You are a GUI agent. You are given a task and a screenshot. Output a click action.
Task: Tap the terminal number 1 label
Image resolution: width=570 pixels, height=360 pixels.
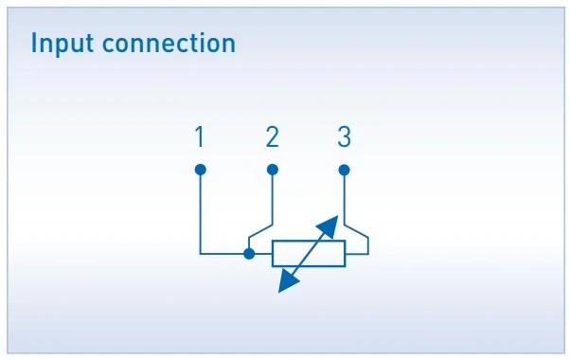199,138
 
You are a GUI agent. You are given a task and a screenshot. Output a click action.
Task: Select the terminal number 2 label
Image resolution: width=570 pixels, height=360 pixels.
273,138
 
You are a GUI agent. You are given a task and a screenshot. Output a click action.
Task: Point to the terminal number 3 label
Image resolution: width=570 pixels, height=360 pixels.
344,138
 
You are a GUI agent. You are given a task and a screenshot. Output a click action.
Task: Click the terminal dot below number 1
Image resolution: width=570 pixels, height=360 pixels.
200,170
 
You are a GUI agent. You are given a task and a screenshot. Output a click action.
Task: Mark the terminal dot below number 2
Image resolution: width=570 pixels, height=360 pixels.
273,170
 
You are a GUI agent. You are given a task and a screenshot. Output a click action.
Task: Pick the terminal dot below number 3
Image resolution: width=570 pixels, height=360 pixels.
344,170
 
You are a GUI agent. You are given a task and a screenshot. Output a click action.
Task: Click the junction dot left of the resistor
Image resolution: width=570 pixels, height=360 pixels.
249,253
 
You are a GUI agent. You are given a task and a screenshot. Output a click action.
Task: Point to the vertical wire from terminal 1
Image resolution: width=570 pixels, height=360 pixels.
200,213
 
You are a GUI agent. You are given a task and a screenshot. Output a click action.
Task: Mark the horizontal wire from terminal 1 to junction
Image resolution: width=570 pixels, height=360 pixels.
223,253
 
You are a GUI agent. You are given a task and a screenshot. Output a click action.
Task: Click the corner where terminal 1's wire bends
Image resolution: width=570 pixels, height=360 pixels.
200,253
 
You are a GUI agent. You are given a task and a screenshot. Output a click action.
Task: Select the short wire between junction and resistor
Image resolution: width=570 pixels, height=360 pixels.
261,253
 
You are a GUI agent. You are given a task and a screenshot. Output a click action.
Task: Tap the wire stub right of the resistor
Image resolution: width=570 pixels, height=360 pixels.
358,253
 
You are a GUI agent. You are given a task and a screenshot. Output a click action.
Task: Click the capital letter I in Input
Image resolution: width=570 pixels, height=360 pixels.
35,44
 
